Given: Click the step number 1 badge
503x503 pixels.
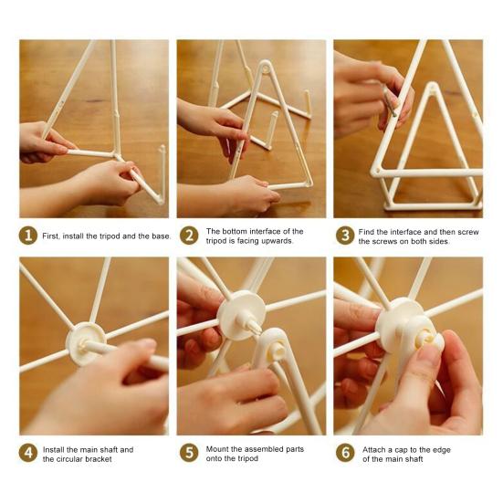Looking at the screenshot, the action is pos(28,236).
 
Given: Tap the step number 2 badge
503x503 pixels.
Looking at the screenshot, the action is pos(189,236).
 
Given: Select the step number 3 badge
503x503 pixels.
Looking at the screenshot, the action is pos(345,236).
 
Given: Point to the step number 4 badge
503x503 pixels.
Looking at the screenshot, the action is pos(28,453).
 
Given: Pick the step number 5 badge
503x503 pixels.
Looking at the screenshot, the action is pos(189,453).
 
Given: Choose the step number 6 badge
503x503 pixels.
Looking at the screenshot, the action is pos(345,453).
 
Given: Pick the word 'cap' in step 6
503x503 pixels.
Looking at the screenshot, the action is pos(402,450).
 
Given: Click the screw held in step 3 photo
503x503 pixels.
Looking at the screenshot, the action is pos(390,101).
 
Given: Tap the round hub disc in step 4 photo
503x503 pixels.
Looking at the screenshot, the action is pos(86,343).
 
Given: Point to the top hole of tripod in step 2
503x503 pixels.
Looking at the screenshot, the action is pos(266,68).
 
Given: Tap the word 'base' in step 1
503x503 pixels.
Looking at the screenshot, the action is pos(160,236).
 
